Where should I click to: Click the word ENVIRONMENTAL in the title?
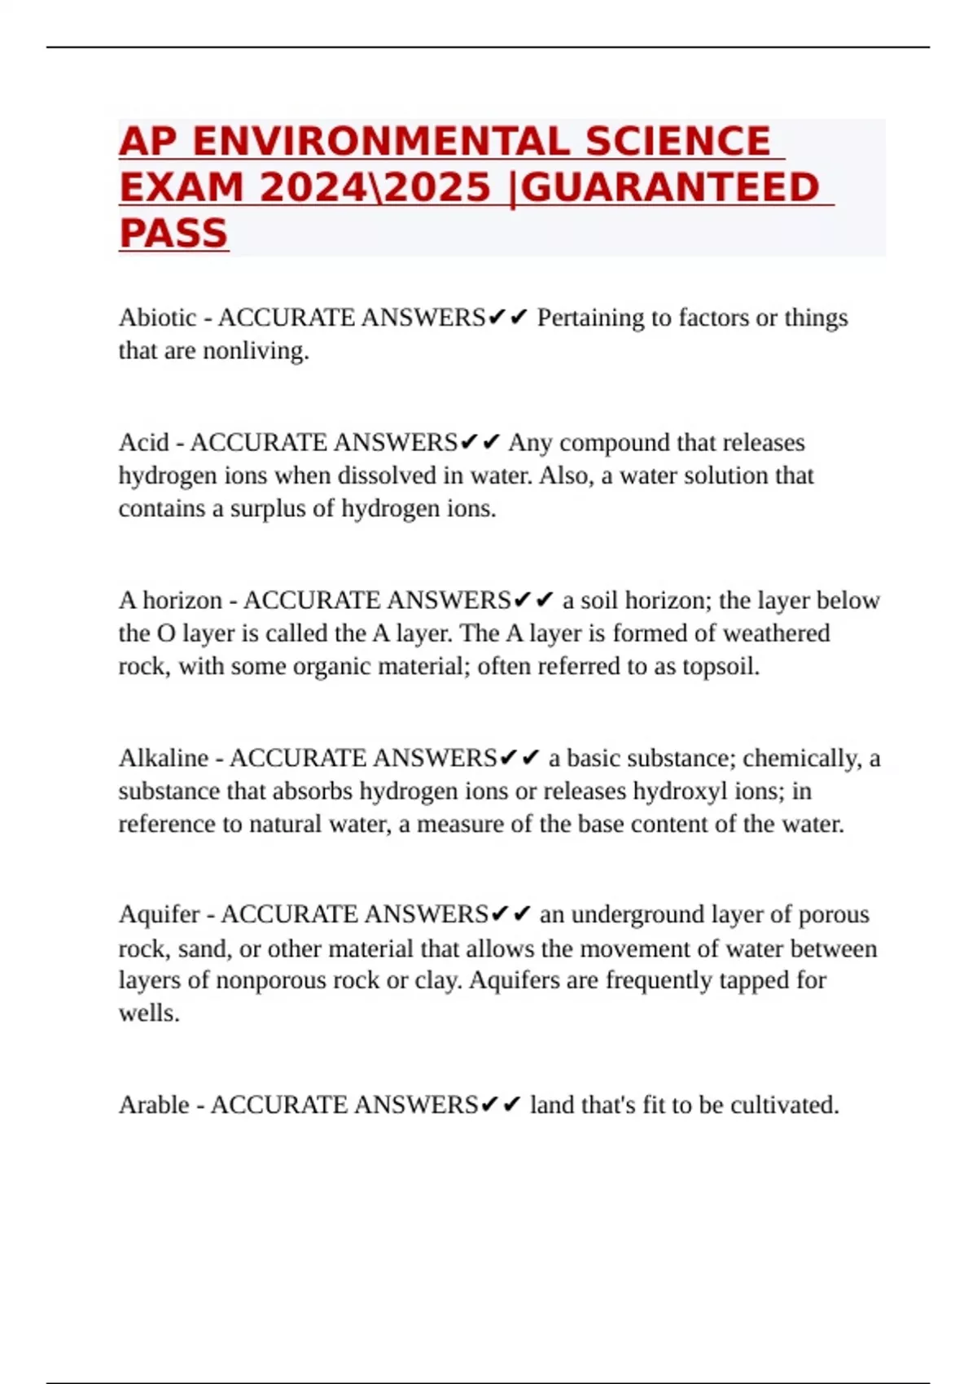(380, 142)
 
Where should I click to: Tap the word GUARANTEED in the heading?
(669, 187)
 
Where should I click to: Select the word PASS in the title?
(173, 234)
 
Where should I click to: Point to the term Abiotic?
(158, 318)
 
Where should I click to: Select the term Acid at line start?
(143, 443)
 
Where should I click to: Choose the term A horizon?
(170, 601)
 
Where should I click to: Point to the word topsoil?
(720, 667)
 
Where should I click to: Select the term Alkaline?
(164, 758)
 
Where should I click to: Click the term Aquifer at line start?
(159, 914)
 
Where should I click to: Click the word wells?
(148, 1014)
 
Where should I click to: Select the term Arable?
(154, 1105)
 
